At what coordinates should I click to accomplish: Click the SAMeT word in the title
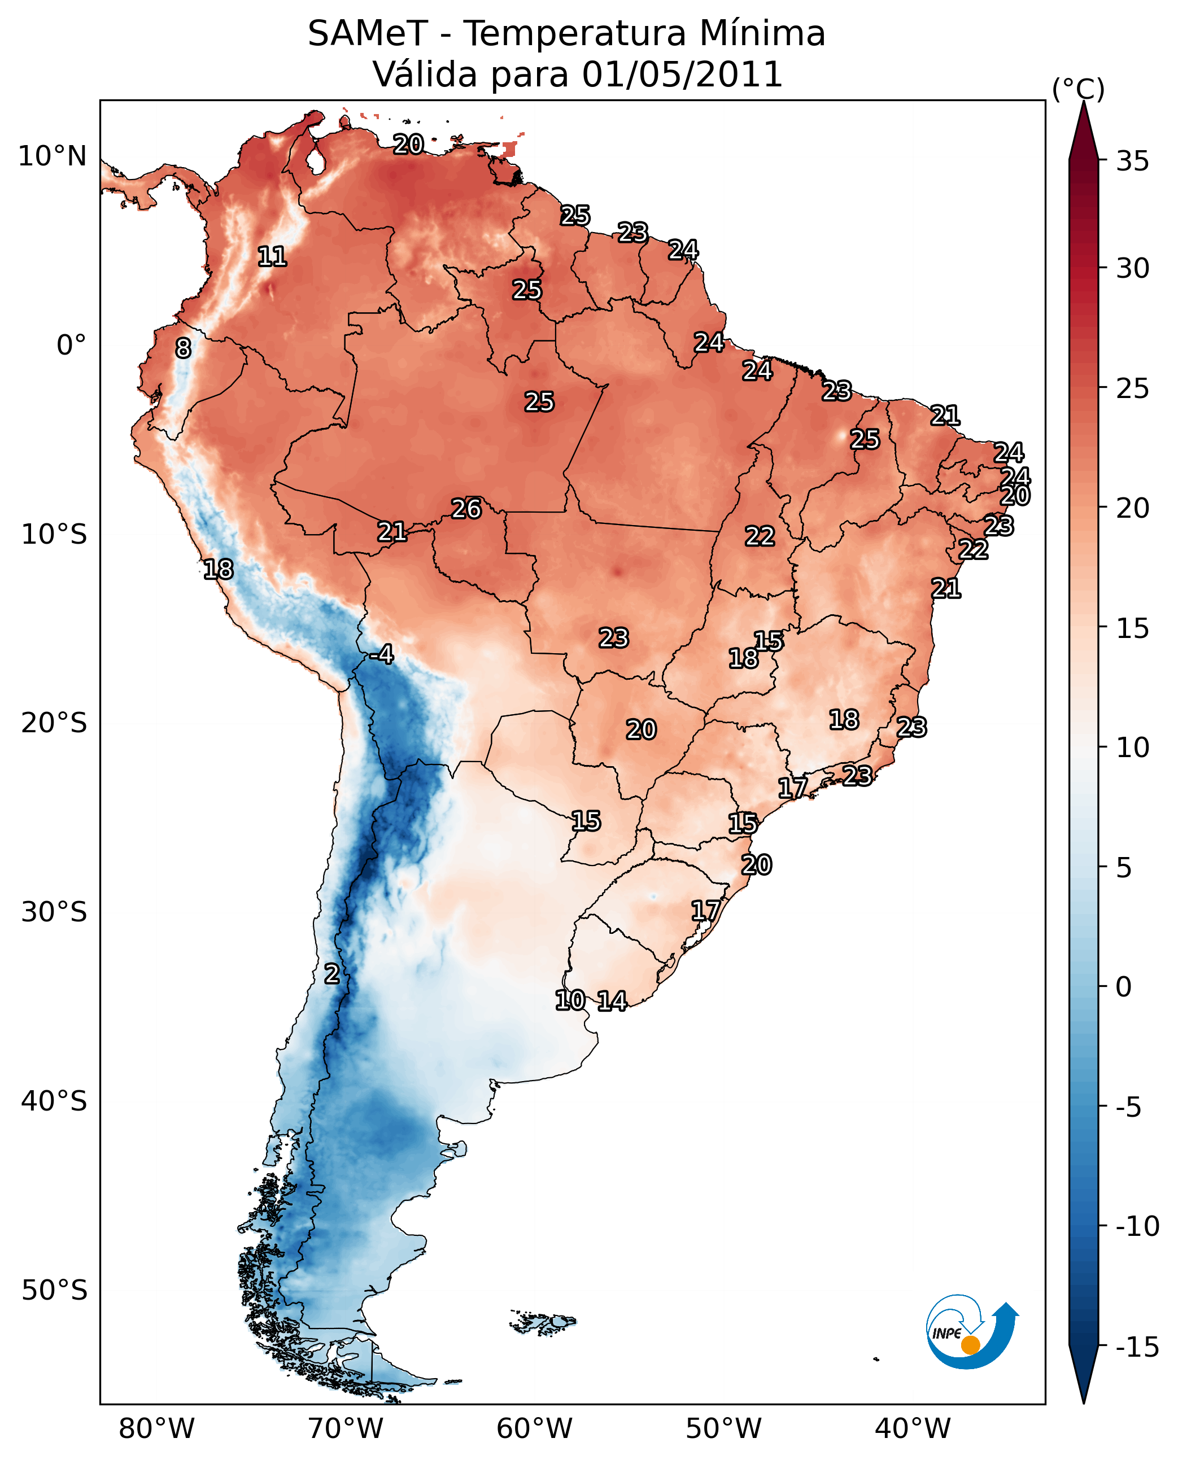point(367,34)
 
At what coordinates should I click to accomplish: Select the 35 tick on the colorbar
point(1132,161)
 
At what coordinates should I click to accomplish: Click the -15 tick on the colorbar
point(1137,1348)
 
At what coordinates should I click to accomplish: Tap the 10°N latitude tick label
point(53,157)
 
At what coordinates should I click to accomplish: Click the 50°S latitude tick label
point(54,1291)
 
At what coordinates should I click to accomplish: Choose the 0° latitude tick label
point(71,346)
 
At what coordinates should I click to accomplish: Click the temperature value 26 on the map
point(466,509)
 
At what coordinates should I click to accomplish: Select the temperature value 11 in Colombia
point(272,256)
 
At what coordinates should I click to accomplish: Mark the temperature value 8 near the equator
point(183,349)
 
